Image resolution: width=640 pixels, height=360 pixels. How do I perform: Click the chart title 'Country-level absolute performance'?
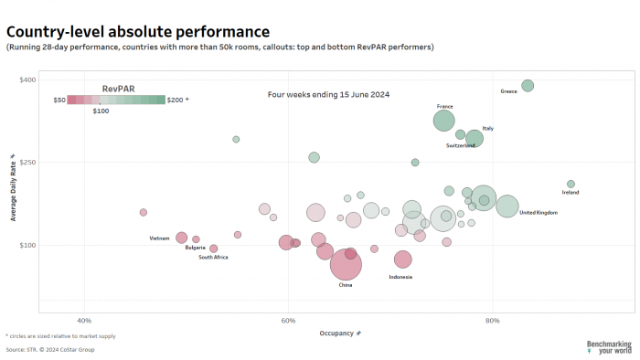[138, 32]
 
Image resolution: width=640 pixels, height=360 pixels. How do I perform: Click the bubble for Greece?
[528, 86]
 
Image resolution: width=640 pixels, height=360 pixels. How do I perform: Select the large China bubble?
[346, 264]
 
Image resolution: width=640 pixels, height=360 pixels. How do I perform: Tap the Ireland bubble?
[571, 184]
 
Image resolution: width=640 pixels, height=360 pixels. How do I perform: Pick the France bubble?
[443, 121]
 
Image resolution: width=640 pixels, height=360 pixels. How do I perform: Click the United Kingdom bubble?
[507, 206]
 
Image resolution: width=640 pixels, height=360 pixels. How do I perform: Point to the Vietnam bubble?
[182, 238]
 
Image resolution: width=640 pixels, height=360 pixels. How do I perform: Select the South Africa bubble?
[214, 249]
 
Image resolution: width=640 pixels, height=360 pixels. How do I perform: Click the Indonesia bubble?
[403, 259]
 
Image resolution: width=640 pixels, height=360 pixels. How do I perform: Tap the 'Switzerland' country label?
[460, 145]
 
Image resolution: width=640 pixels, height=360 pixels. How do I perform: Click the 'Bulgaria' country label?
[195, 248]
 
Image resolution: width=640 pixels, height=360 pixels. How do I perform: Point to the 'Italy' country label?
[487, 128]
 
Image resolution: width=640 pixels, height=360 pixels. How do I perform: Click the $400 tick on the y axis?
[27, 80]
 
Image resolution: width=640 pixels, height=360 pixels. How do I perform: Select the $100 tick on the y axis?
[27, 245]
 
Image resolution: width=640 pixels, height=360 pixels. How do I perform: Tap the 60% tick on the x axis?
[288, 321]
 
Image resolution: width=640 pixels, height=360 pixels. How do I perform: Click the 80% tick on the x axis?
[492, 321]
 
